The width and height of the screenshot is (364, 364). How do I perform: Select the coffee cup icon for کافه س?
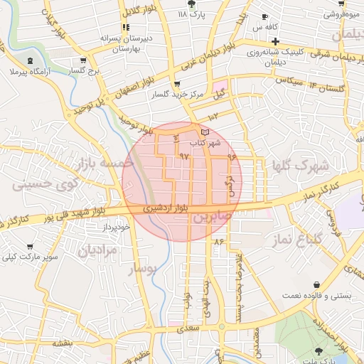coord(265,17)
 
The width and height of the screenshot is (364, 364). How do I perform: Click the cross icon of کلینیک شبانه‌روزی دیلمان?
coord(275,41)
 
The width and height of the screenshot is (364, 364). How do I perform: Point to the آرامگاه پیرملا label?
coord(28,72)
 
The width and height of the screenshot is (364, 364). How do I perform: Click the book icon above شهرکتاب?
coord(205,132)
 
